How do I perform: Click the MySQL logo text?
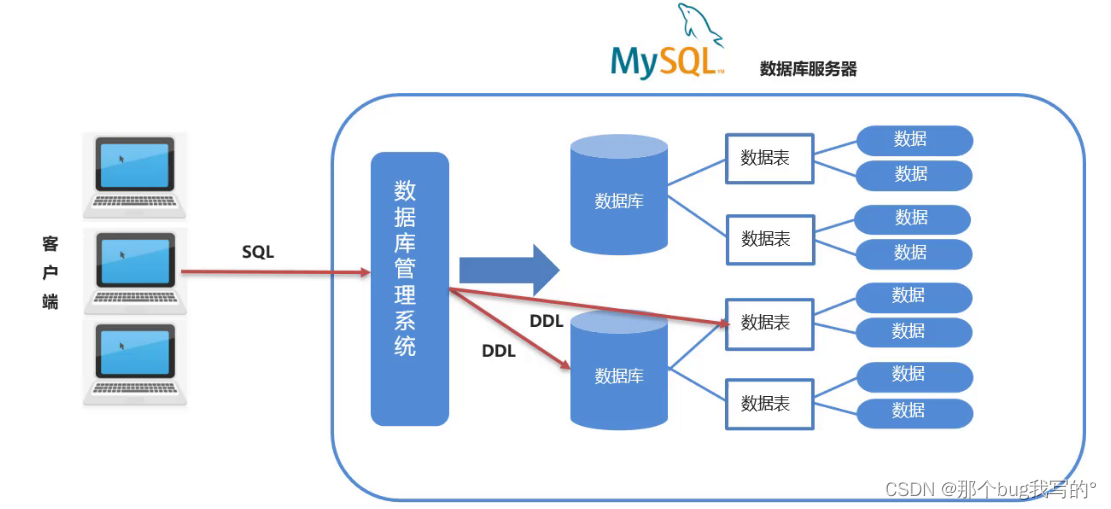[663, 61]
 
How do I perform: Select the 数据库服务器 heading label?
[808, 69]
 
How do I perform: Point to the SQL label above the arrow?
[258, 252]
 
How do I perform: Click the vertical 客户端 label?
[50, 272]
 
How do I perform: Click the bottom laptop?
[135, 362]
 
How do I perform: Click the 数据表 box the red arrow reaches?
[769, 323]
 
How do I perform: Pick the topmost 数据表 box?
[769, 158]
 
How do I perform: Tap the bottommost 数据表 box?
[769, 403]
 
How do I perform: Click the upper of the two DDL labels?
[546, 321]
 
